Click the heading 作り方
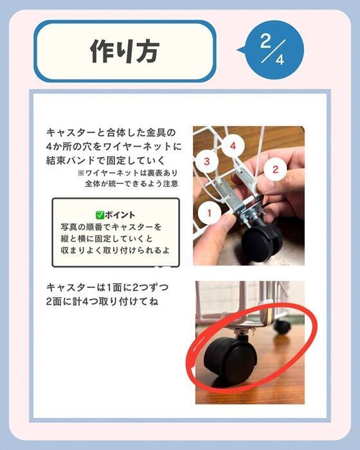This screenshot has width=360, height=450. [x=125, y=51]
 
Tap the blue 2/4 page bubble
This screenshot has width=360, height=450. [x=272, y=50]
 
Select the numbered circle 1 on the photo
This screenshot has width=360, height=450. [x=210, y=213]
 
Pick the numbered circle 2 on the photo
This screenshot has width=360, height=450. [x=275, y=169]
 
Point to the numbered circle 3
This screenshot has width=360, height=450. [x=207, y=161]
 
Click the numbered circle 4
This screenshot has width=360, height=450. [x=233, y=146]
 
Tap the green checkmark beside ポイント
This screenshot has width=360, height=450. [x=100, y=215]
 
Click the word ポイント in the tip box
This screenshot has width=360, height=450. [x=120, y=215]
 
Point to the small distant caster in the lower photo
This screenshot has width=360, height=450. [x=282, y=326]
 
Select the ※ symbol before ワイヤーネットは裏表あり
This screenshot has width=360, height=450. [x=80, y=173]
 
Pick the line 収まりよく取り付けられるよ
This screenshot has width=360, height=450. [x=116, y=250]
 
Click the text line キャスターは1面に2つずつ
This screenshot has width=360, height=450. [x=107, y=287]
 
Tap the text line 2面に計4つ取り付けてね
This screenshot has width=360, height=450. [x=102, y=301]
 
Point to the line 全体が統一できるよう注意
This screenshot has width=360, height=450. [x=132, y=183]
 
